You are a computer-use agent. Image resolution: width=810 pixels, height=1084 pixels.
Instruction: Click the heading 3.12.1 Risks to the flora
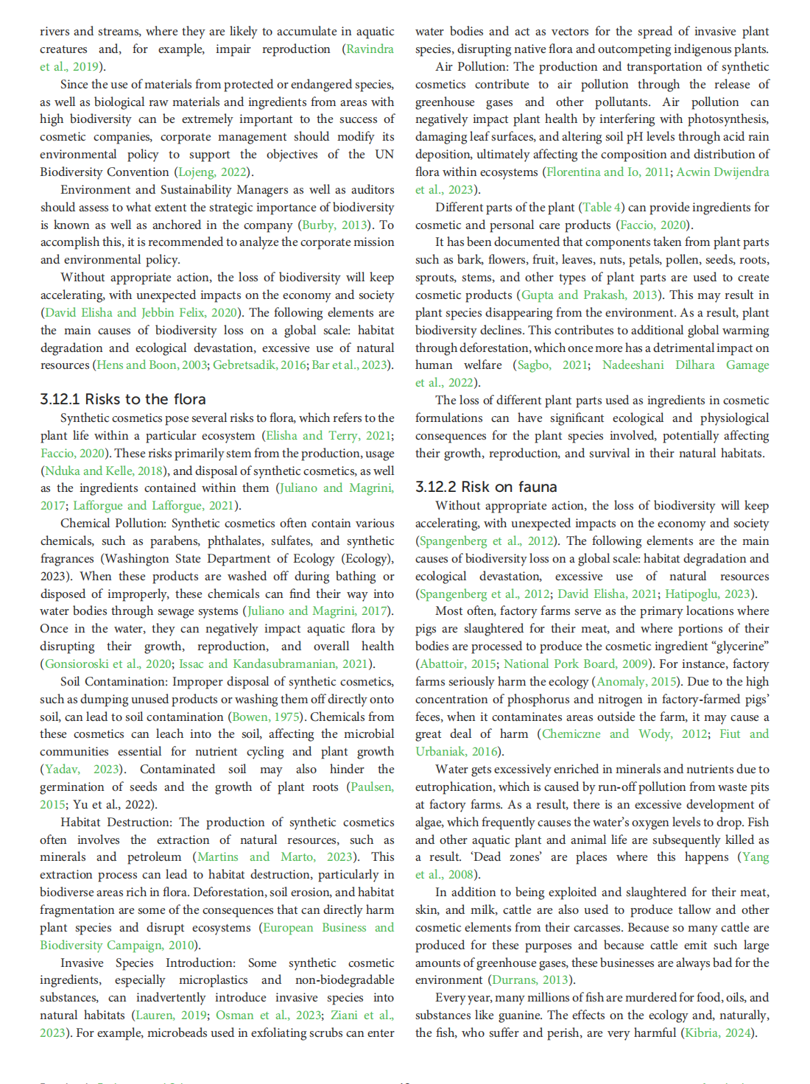pyautogui.click(x=123, y=399)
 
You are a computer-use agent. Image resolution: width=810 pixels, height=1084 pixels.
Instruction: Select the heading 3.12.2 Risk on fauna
pyautogui.click(x=486, y=487)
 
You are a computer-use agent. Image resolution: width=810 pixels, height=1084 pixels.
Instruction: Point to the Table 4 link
pyautogui.click(x=602, y=207)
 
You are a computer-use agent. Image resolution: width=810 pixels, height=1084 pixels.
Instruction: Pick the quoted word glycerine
pyautogui.click(x=736, y=646)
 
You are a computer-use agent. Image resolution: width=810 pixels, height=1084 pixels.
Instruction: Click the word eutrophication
pyautogui.click(x=454, y=786)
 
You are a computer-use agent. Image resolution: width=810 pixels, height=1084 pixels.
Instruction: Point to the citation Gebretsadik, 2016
pyautogui.click(x=259, y=365)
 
